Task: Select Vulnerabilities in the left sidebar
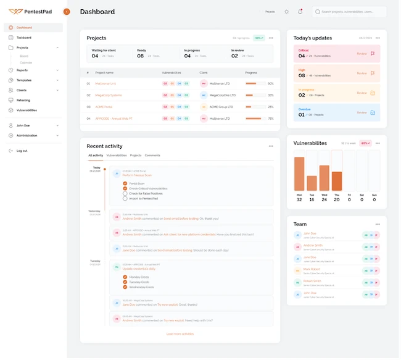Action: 27,110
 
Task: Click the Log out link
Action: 22,151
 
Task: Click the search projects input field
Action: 352,12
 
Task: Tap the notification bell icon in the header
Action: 300,12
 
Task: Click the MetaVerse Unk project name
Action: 106,83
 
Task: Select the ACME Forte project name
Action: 104,107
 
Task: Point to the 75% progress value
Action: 270,119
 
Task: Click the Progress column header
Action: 251,72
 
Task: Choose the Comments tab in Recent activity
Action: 152,156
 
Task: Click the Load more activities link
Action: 180,333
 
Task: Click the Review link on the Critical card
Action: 362,54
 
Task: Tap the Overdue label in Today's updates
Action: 304,109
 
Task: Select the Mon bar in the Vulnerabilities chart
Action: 299,174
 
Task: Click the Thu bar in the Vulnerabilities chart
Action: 337,181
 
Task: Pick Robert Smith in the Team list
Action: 312,281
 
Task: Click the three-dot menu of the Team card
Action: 378,224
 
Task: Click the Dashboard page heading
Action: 97,12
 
